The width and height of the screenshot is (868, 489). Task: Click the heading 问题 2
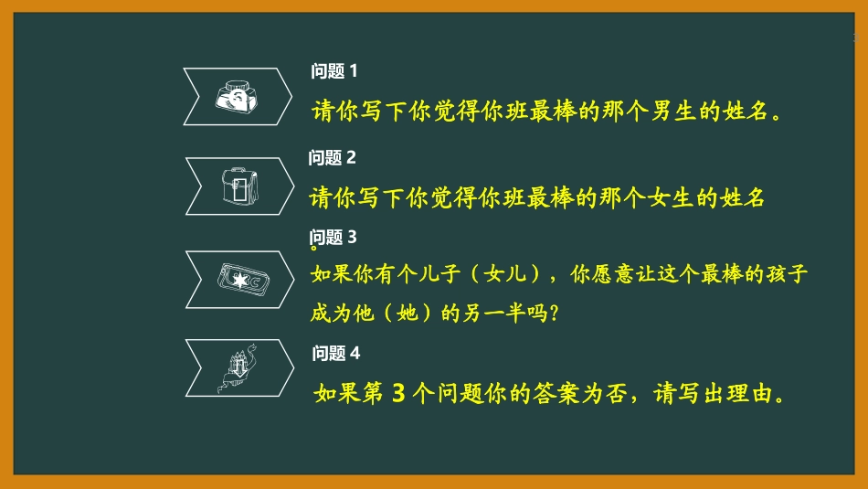(333, 157)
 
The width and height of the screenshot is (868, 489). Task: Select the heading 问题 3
(333, 237)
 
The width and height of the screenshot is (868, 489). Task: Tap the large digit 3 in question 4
(397, 394)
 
